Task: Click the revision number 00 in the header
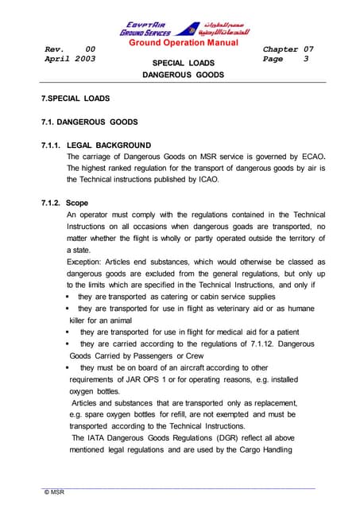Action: [91, 49]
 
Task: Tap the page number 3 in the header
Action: [306, 59]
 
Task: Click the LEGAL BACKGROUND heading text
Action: [110, 145]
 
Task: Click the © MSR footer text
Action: [54, 493]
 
